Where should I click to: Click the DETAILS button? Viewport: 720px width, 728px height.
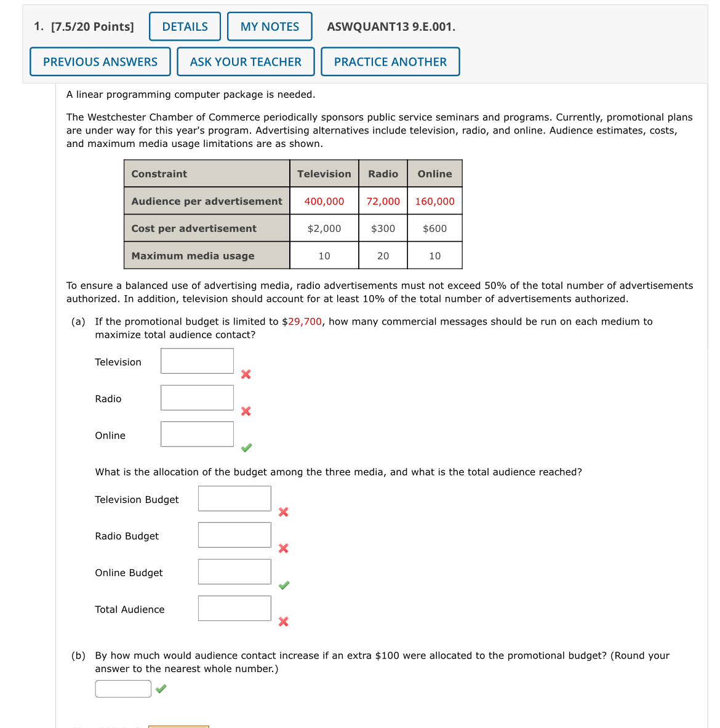[x=185, y=26]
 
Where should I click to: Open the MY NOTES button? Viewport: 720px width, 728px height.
[x=270, y=26]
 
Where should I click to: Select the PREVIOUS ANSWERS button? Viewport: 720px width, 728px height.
[x=100, y=61]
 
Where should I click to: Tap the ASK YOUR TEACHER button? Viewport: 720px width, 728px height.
[x=246, y=61]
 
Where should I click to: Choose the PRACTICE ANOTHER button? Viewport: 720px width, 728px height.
[x=390, y=61]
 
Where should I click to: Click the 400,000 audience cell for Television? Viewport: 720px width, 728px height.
[x=324, y=201]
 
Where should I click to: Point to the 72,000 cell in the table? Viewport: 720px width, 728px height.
[x=383, y=201]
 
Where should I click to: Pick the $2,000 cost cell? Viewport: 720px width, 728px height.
[x=324, y=228]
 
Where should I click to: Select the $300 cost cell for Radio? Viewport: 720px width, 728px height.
[x=383, y=228]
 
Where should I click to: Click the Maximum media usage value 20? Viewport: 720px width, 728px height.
[x=383, y=256]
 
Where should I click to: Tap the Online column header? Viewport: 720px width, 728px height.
[x=434, y=174]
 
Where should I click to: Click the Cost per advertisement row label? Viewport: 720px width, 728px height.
[x=194, y=228]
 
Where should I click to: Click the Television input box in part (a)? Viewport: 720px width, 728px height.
[x=197, y=361]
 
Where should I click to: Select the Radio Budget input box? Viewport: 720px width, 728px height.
[x=234, y=535]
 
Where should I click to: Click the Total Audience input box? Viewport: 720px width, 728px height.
[x=234, y=608]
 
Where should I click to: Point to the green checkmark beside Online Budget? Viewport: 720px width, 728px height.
[x=284, y=585]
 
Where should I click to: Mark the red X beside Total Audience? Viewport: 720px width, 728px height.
[x=283, y=622]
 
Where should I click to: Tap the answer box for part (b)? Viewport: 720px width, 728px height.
[x=123, y=689]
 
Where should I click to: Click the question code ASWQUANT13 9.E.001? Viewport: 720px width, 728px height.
[x=391, y=26]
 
